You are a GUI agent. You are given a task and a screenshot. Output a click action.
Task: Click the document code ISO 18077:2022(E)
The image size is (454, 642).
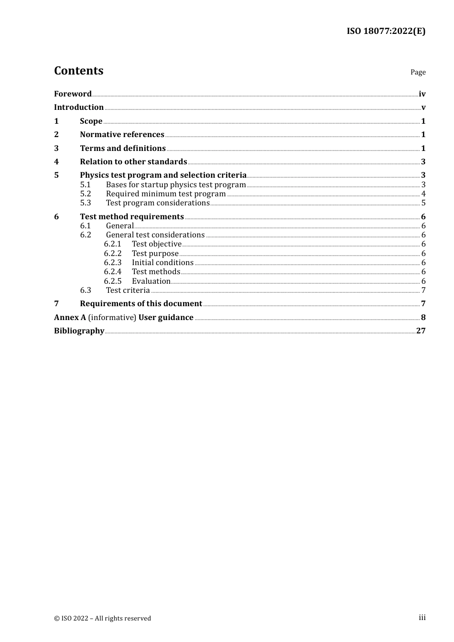click(386, 31)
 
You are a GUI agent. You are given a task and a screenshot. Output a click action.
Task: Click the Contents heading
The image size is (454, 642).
click(78, 71)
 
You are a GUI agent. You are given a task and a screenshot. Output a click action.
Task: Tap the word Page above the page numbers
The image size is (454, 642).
click(418, 72)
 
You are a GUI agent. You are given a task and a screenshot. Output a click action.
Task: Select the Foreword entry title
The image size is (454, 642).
click(73, 94)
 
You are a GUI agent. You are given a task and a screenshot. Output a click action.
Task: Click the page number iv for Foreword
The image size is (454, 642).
click(422, 94)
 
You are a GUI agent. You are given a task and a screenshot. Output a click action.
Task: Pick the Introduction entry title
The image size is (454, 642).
click(79, 107)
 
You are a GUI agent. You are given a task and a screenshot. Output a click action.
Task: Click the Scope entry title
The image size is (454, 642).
click(91, 121)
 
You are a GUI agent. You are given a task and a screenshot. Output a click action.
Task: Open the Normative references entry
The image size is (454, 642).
click(122, 135)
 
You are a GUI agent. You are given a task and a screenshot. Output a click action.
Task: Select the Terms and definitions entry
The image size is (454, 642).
click(123, 149)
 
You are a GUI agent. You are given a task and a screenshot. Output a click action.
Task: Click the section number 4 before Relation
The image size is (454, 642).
click(56, 162)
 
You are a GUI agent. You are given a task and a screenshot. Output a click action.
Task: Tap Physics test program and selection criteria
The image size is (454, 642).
click(163, 175)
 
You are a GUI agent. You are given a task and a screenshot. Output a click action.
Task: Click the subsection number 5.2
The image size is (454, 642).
click(86, 194)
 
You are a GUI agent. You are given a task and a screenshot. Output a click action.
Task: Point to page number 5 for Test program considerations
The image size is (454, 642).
click(423, 203)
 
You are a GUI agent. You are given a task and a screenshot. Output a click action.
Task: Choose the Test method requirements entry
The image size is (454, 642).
click(132, 217)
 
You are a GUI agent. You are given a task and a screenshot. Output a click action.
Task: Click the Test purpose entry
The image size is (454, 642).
click(155, 254)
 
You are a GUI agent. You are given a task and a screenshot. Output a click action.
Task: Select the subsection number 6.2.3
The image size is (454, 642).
click(113, 263)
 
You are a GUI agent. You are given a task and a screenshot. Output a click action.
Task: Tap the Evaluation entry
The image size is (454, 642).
click(151, 281)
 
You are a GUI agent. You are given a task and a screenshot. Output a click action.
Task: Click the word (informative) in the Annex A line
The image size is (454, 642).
click(112, 318)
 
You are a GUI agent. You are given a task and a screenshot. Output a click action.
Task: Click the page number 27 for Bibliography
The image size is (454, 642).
click(421, 331)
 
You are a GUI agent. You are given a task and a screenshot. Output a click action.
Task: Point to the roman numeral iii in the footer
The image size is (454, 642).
click(422, 618)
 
